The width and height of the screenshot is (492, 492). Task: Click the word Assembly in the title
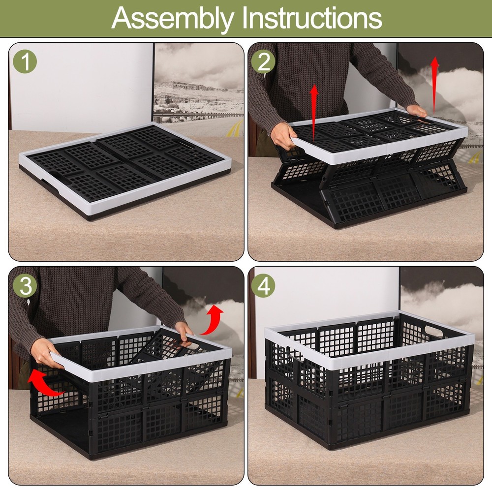tap(173, 19)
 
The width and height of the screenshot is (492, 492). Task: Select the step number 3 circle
tap(25, 285)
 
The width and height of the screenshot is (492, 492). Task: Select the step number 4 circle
tap(264, 285)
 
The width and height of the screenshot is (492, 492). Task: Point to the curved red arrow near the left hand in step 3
tap(46, 384)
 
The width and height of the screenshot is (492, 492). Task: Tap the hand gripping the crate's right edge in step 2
tap(416, 111)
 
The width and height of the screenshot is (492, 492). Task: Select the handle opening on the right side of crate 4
tap(433, 330)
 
